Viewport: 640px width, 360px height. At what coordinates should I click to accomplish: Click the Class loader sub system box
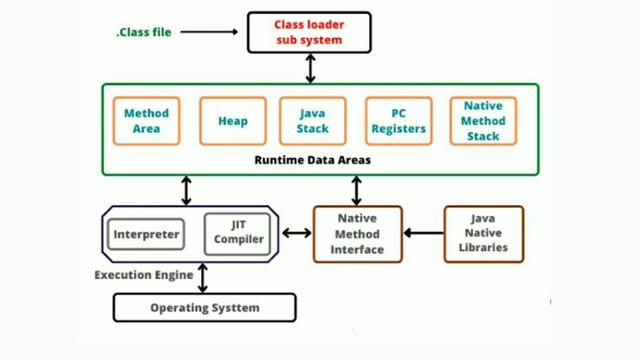click(309, 32)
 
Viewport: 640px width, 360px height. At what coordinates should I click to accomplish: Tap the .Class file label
click(144, 32)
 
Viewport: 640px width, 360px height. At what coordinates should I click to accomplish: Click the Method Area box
click(146, 121)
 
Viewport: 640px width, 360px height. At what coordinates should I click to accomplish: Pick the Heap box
click(233, 121)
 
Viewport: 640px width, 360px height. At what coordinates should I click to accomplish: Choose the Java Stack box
click(312, 121)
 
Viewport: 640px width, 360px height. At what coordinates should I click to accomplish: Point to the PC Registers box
click(397, 121)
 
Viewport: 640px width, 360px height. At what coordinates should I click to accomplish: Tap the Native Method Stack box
click(483, 121)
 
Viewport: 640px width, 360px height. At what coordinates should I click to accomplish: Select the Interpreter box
click(146, 235)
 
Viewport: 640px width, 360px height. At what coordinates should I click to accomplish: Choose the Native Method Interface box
click(357, 234)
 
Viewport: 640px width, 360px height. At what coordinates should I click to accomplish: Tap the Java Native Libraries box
click(483, 233)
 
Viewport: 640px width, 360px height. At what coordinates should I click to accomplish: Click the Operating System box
click(204, 307)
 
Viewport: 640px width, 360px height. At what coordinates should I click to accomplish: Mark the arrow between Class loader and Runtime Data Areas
click(310, 68)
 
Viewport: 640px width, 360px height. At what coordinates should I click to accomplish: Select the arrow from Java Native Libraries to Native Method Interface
click(423, 233)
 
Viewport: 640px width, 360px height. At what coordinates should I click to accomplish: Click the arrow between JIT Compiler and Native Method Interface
click(296, 233)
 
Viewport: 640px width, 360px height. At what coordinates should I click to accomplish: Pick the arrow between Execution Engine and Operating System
click(203, 277)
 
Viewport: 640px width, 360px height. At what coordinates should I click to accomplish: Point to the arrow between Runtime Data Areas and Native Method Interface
click(357, 190)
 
